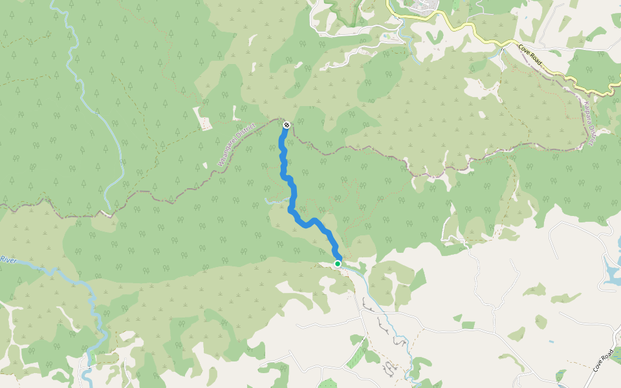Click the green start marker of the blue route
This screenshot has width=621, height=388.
pos(338,264)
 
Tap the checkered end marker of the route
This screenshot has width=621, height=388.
pos(286,125)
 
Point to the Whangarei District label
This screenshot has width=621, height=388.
pos(237,145)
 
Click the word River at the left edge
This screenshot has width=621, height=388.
pos(7,260)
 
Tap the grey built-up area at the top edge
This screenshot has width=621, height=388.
pos(424,6)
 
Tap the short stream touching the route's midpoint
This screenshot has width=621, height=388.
pos(275,200)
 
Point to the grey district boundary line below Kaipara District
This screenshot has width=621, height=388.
pos(550,151)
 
